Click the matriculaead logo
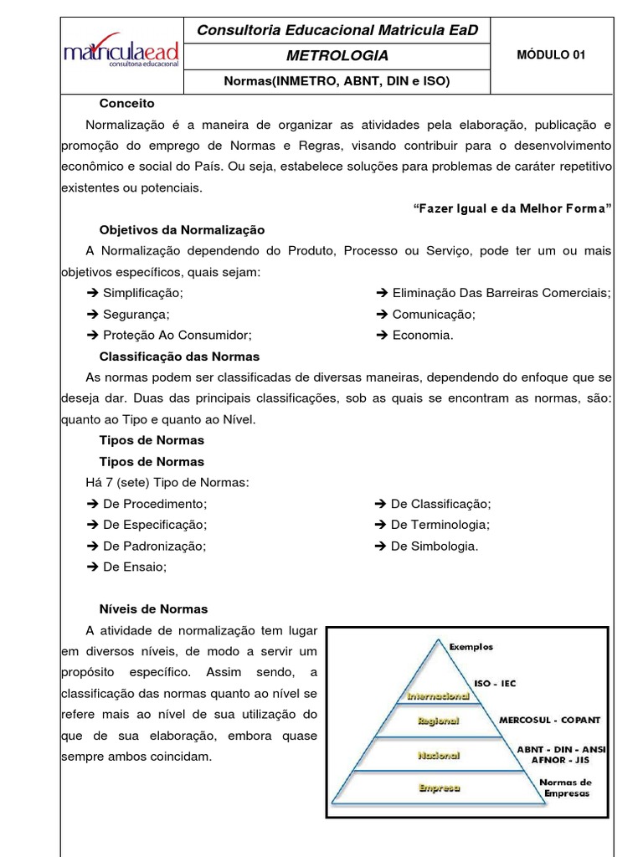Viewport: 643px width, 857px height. coord(121,54)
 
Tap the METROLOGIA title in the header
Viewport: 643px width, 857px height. coord(337,56)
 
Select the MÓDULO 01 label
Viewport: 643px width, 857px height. coord(551,55)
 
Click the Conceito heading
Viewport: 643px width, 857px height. coord(126,103)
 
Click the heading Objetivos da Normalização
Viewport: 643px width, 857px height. coord(182,229)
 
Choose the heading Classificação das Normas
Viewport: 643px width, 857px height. coord(179,356)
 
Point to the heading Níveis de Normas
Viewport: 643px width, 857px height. coord(153,608)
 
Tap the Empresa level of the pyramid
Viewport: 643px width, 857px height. coord(439,788)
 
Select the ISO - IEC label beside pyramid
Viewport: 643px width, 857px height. coord(495,684)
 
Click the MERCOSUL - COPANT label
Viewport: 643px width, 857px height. coord(549,720)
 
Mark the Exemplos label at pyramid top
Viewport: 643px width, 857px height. coord(471,646)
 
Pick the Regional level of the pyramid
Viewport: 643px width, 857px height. coord(438,720)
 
